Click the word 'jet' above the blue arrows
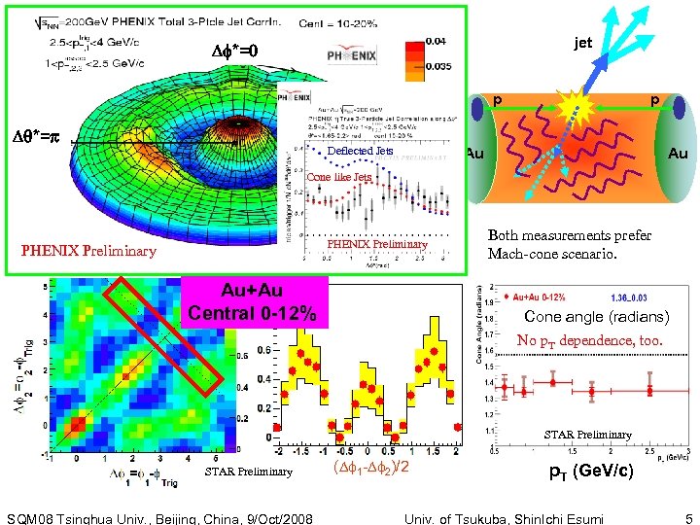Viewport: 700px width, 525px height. point(582,43)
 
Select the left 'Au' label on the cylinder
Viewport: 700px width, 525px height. point(475,154)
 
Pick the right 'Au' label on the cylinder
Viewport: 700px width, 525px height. point(677,154)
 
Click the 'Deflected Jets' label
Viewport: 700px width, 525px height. point(360,152)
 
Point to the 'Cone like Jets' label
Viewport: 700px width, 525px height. point(338,178)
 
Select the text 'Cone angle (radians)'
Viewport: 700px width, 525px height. point(596,317)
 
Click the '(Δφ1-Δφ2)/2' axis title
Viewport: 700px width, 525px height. point(369,469)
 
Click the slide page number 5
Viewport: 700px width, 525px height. point(688,517)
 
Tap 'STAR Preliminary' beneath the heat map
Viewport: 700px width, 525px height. point(248,472)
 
